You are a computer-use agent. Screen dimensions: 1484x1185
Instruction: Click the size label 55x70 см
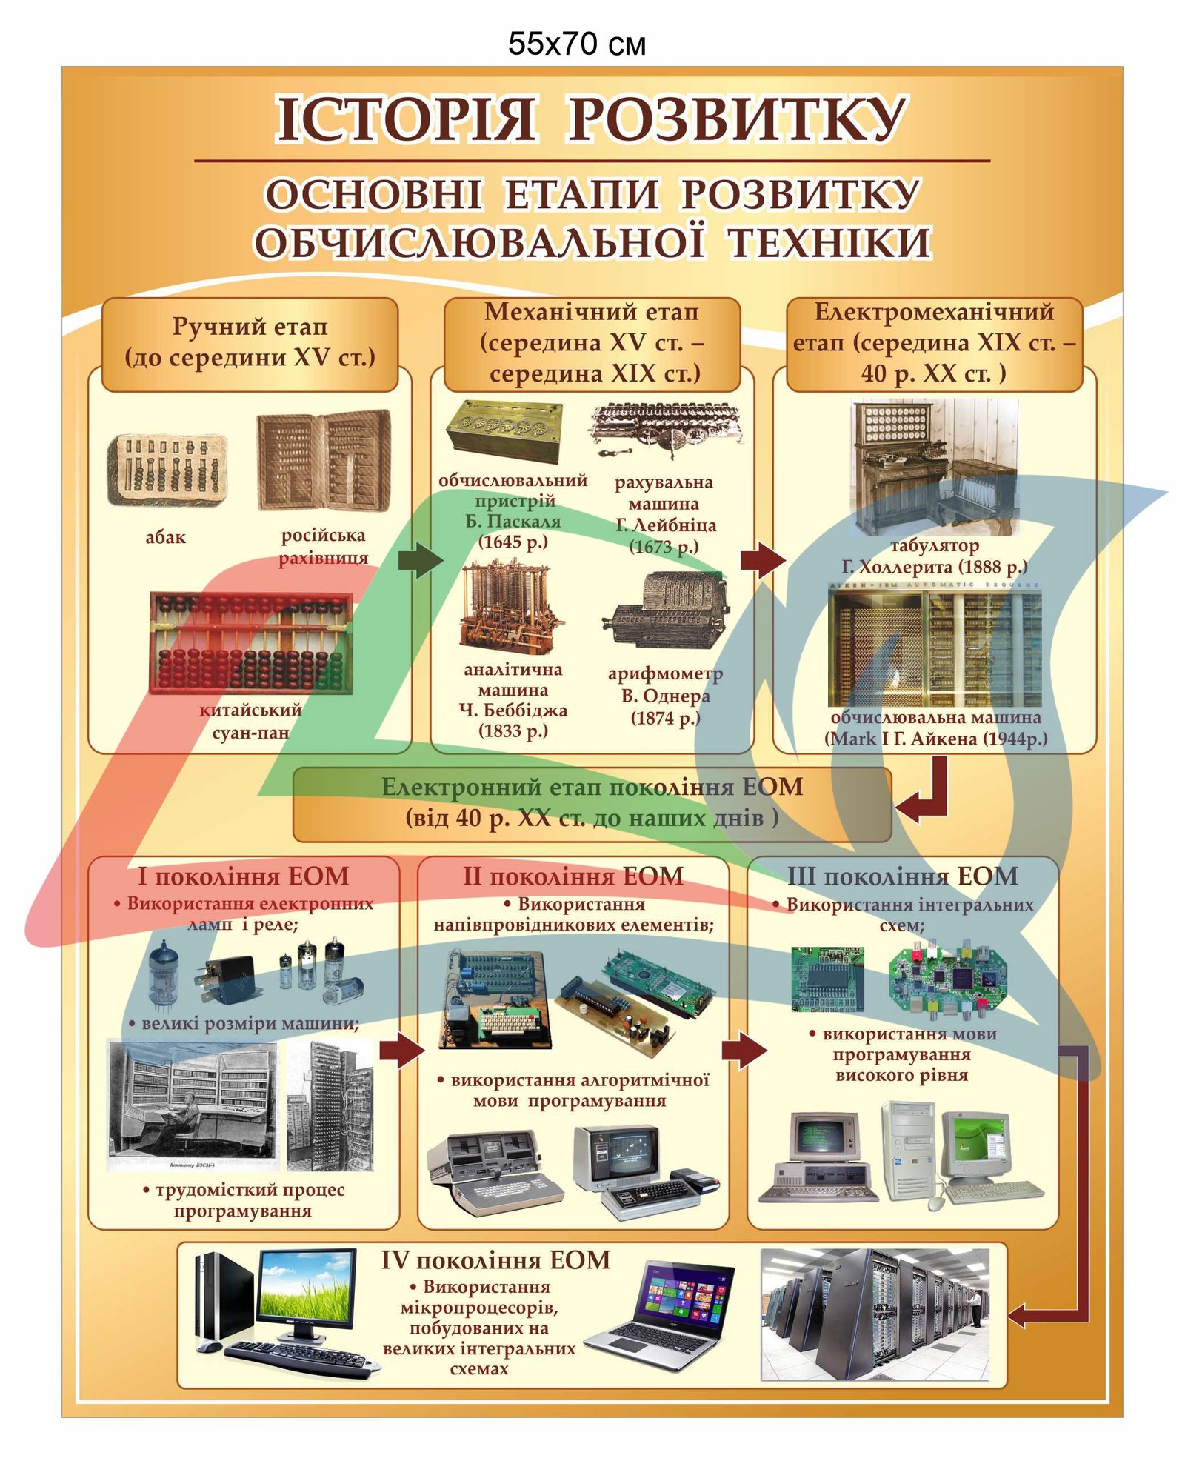(576, 44)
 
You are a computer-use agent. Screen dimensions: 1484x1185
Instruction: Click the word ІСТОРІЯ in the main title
(406, 119)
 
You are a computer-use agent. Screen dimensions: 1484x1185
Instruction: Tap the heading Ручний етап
(250, 326)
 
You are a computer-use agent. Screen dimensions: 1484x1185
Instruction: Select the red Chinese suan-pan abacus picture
(250, 642)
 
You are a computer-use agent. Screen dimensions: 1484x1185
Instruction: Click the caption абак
(165, 537)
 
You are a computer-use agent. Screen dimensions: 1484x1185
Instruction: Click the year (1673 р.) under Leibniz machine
(664, 547)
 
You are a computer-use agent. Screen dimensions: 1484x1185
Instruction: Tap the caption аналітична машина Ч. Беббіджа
(513, 699)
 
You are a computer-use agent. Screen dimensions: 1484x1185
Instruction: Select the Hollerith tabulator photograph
(935, 465)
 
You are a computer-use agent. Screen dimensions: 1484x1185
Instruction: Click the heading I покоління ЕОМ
(243, 876)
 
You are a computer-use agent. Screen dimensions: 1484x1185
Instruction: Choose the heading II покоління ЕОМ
(573, 876)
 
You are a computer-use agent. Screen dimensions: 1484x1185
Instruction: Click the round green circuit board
(948, 978)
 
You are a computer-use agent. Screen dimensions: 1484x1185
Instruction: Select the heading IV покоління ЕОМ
(495, 1260)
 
